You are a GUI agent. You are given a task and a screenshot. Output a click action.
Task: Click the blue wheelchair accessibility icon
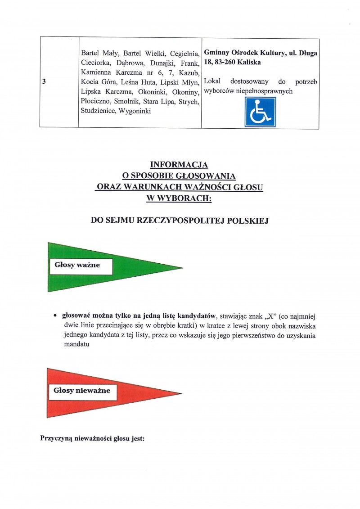(260, 112)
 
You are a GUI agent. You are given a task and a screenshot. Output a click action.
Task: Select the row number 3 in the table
(43, 82)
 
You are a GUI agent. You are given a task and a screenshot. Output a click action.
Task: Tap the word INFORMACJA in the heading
(179, 165)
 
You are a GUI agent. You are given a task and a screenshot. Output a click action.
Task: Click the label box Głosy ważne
(77, 266)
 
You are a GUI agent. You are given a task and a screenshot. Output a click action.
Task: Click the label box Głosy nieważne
(81, 391)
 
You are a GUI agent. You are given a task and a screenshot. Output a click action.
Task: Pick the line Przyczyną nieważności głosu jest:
(92, 437)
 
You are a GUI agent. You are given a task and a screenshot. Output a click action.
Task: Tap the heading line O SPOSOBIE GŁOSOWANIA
(179, 176)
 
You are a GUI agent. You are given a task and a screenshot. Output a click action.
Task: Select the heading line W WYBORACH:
(179, 198)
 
